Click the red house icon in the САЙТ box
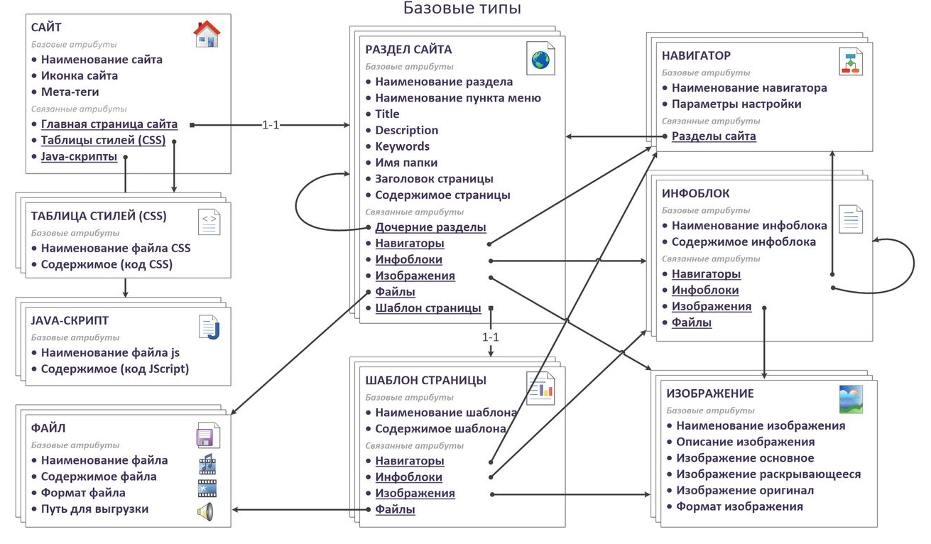pyautogui.click(x=207, y=33)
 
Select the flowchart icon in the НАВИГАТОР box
pyautogui.click(x=850, y=62)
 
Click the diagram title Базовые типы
pyautogui.click(x=462, y=8)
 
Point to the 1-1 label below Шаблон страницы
pyautogui.click(x=491, y=337)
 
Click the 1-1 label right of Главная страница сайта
pyautogui.click(x=271, y=125)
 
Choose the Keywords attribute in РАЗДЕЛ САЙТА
pyautogui.click(x=402, y=146)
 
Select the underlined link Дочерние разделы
pyautogui.click(x=430, y=227)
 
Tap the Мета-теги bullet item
pyautogui.click(x=70, y=92)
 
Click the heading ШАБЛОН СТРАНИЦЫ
pyautogui.click(x=425, y=380)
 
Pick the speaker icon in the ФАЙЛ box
pyautogui.click(x=206, y=511)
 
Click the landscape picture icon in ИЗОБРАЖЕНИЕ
pyautogui.click(x=851, y=399)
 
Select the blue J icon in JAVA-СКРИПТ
pyautogui.click(x=209, y=327)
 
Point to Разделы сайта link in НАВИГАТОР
pyautogui.click(x=714, y=136)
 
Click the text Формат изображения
pyautogui.click(x=739, y=506)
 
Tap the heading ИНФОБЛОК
pyautogui.click(x=695, y=193)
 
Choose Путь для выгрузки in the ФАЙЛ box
pyautogui.click(x=94, y=509)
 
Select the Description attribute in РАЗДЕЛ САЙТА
pyautogui.click(x=406, y=130)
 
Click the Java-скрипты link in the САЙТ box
pyautogui.click(x=79, y=157)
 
